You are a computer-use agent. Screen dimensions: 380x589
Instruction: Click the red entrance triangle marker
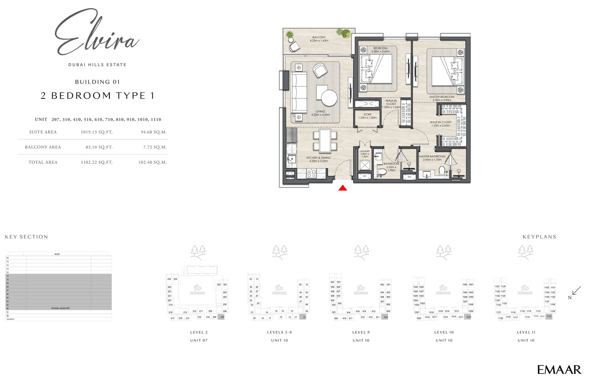tap(343, 188)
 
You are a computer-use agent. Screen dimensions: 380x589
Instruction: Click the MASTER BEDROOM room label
tap(442, 97)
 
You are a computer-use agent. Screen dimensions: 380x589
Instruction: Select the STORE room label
tap(367, 115)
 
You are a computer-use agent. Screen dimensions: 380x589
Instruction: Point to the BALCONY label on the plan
tap(319, 37)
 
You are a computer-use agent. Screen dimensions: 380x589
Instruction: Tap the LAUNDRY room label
tap(364, 151)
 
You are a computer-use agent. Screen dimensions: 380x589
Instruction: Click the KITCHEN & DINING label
tap(318, 158)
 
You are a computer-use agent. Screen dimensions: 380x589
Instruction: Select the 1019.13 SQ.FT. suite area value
tap(96, 132)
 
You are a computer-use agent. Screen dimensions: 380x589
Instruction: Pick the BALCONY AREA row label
tap(43, 147)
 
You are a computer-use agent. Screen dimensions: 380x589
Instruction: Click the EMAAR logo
tap(559, 370)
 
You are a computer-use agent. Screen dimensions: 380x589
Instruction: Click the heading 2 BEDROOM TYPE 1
tap(98, 96)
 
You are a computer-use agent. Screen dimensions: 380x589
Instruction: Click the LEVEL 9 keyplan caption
tap(361, 332)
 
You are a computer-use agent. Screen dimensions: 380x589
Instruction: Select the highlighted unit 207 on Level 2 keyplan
tap(222, 317)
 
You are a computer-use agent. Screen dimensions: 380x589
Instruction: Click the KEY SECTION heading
tap(27, 237)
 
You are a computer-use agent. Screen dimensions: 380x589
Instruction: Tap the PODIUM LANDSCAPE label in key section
tap(60, 308)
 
